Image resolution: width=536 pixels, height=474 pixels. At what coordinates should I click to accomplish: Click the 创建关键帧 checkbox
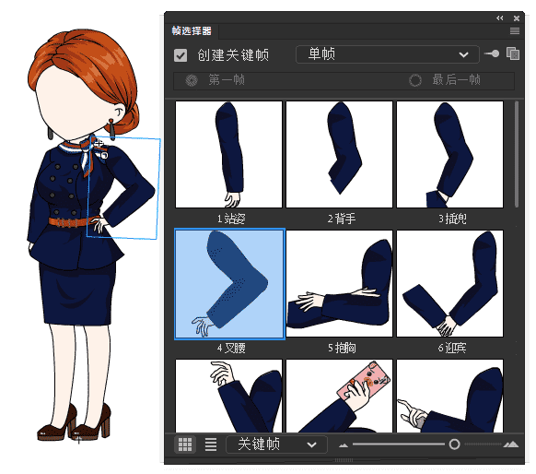tap(181, 55)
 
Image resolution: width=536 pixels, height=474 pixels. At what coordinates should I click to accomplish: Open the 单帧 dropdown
tap(388, 54)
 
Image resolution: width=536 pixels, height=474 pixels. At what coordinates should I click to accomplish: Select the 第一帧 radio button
tap(192, 80)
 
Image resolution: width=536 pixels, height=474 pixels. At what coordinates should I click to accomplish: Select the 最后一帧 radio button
tap(416, 80)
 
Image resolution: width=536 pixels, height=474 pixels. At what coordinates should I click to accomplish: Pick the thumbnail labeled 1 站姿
tap(228, 155)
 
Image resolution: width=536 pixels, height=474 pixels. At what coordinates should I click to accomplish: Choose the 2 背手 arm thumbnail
tap(339, 155)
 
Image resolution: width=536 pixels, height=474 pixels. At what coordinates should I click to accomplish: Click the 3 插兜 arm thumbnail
tap(449, 155)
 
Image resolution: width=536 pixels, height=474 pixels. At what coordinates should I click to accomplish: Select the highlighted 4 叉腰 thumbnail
tap(229, 284)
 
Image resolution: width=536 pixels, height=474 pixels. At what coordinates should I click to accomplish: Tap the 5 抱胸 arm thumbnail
tap(339, 284)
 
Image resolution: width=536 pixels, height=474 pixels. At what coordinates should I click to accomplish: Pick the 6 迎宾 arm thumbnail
tap(449, 284)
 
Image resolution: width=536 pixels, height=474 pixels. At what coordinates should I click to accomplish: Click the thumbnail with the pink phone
tap(339, 395)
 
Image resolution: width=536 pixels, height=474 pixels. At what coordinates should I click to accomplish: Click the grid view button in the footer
tap(185, 444)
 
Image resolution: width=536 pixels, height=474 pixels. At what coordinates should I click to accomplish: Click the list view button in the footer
tap(210, 444)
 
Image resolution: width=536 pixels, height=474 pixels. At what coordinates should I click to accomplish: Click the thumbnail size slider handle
tap(454, 444)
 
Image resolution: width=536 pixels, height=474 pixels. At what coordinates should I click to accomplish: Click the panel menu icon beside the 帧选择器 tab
tap(515, 31)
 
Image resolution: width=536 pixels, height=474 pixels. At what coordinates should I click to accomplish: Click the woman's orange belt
tap(69, 222)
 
